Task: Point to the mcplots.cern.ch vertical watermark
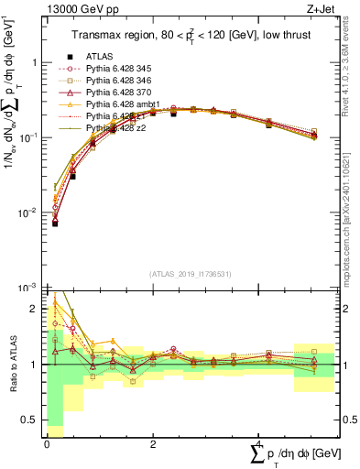[x=353, y=211]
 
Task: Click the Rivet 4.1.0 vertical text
[x=353, y=64]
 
